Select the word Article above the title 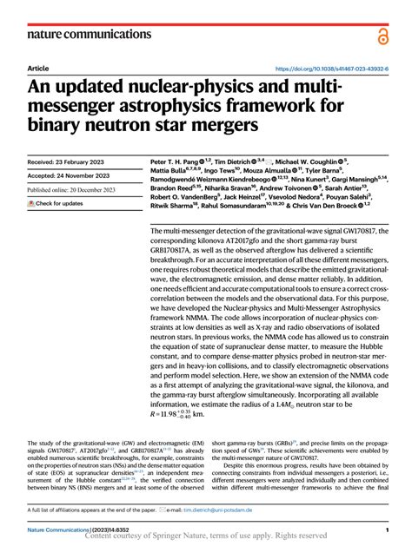click(x=38, y=68)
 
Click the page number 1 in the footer click(x=384, y=527)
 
